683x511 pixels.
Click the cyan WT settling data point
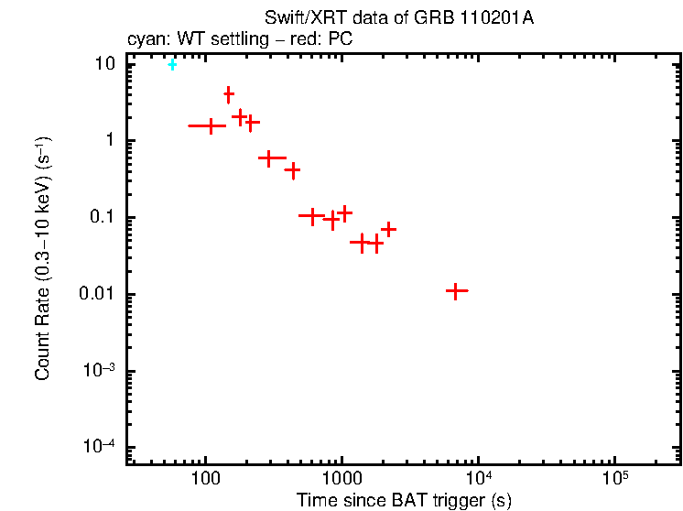[172, 64]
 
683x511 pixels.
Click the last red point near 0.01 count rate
[457, 290]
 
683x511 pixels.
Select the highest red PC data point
[229, 93]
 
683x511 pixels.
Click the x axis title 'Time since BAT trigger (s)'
[404, 501]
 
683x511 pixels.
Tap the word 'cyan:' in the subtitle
[145, 40]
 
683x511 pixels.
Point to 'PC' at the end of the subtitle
[341, 40]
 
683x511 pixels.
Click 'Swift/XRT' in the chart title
[297, 19]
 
